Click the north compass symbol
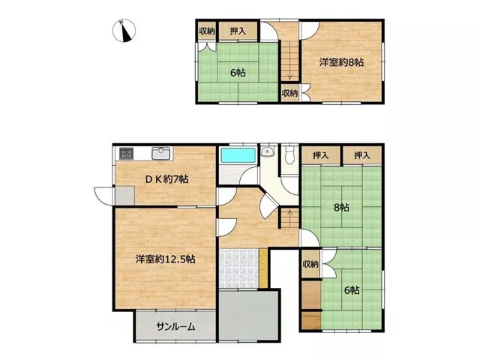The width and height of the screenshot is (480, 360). pyautogui.click(x=124, y=31)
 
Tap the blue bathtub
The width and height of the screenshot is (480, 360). pyautogui.click(x=238, y=155)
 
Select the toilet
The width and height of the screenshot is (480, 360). pyautogui.click(x=289, y=155)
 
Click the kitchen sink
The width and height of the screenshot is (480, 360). pyautogui.click(x=161, y=153)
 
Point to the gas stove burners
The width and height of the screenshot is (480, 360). pyautogui.click(x=127, y=153)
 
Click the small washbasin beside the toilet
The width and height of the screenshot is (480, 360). pyautogui.click(x=267, y=151)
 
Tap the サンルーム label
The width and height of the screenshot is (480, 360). pyautogui.click(x=175, y=327)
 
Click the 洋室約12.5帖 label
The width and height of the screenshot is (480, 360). pyautogui.click(x=166, y=259)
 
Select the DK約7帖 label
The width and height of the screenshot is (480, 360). pyautogui.click(x=166, y=178)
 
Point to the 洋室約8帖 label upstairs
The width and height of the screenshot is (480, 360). pyautogui.click(x=341, y=62)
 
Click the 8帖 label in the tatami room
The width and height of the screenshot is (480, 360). pyautogui.click(x=341, y=208)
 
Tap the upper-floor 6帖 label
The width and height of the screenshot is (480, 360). pyautogui.click(x=238, y=73)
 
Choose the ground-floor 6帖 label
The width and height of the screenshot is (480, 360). pyautogui.click(x=352, y=290)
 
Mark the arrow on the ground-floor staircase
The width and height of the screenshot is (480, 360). pyautogui.click(x=289, y=213)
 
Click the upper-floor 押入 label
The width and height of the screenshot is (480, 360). pyautogui.click(x=238, y=31)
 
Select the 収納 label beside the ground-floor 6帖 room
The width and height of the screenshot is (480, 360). pyautogui.click(x=310, y=264)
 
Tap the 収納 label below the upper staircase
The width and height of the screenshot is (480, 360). pyautogui.click(x=289, y=93)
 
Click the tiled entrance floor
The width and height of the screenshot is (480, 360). pyautogui.click(x=239, y=268)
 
